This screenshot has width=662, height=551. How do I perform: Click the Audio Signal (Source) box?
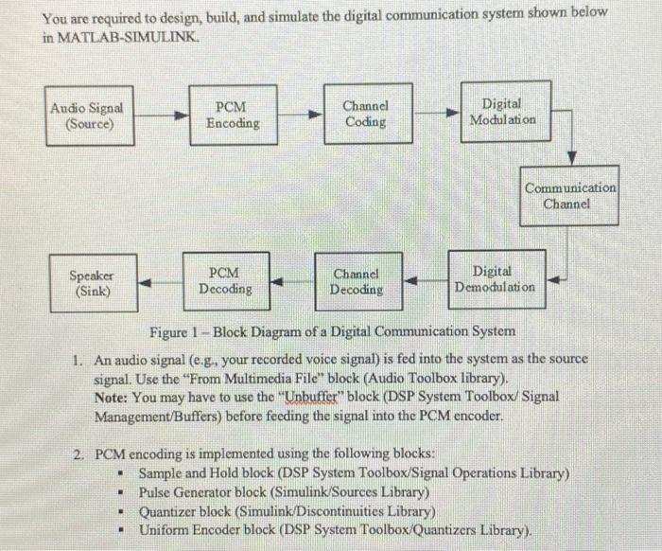tap(87, 116)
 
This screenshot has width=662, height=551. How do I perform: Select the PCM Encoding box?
tap(233, 115)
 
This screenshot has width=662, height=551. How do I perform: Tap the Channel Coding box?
tap(365, 114)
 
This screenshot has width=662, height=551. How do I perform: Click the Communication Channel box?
tap(570, 195)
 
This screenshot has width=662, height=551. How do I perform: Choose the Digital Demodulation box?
tap(495, 278)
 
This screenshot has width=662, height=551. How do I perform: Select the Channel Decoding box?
tap(357, 281)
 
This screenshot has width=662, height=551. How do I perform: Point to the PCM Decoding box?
tap(224, 281)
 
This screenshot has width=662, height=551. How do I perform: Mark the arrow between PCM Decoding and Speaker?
tap(161, 281)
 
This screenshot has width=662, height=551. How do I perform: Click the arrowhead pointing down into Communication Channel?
tap(571, 156)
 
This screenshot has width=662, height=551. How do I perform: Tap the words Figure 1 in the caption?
tap(174, 331)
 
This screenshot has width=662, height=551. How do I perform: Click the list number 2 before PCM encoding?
tap(79, 453)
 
